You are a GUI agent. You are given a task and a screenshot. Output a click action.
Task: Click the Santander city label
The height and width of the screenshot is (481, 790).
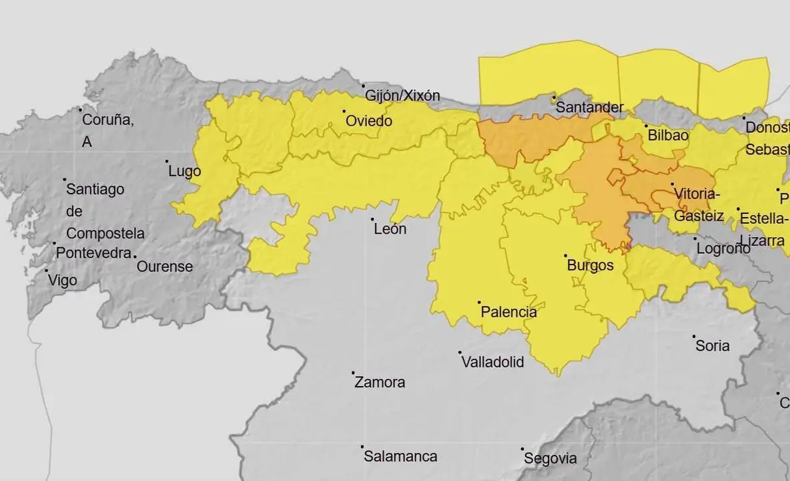tap(590, 107)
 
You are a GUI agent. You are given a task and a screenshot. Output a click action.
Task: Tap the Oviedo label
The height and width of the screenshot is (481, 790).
tap(369, 122)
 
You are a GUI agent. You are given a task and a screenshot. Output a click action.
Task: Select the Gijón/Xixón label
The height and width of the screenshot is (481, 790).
tap(403, 96)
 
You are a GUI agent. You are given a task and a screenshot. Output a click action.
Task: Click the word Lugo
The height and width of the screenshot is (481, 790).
tap(185, 172)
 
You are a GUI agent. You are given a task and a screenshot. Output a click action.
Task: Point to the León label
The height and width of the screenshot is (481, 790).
tap(390, 229)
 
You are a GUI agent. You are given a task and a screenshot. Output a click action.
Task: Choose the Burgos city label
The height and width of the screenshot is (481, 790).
tap(590, 265)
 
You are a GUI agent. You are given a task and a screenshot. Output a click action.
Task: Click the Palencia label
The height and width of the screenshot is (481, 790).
tap(509, 312)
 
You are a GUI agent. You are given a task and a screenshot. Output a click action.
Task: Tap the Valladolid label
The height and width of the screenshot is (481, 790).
tap(493, 362)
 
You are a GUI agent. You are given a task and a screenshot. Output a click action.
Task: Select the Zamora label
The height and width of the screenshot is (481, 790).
tap(380, 383)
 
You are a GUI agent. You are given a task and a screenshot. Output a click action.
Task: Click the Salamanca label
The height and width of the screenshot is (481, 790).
tap(400, 457)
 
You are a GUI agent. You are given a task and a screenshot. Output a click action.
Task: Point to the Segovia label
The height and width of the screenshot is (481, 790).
tap(550, 459)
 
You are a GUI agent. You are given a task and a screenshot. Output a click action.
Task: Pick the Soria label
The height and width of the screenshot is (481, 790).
tap(713, 346)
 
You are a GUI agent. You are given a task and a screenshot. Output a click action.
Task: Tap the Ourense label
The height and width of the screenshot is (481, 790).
tap(165, 267)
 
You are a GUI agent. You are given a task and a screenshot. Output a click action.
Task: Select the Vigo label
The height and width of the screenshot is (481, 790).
tap(63, 281)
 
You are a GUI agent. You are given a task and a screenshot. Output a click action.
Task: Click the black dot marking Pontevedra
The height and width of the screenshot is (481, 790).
tap(55, 244)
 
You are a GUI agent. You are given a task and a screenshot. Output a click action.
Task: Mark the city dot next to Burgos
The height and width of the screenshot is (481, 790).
tap(566, 256)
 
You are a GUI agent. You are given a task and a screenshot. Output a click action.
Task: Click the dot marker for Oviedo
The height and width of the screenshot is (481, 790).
tap(344, 112)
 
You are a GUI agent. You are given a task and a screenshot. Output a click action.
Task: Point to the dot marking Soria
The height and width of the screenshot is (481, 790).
tap(694, 337)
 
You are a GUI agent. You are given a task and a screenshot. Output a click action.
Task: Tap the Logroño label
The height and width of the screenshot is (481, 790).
tap(723, 248)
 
